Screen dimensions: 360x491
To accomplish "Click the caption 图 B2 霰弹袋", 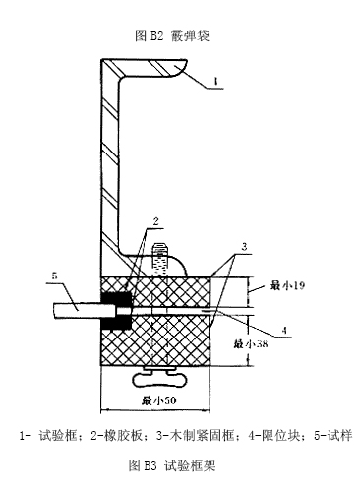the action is tap(172, 35).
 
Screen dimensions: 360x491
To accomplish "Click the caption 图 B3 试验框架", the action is tap(172, 465).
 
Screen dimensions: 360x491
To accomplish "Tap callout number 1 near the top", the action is tap(215, 81).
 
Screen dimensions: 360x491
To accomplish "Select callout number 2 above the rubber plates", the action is tap(155, 221).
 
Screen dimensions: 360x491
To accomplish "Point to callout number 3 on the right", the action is tap(244, 247).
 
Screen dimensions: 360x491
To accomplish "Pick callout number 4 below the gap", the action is tap(284, 330).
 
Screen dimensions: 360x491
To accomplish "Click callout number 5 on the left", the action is tap(55, 276).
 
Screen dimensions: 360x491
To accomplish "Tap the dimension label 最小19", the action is tap(287, 285).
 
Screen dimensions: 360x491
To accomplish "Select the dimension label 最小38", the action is tap(251, 343).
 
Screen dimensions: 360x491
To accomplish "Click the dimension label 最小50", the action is tap(158, 400).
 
